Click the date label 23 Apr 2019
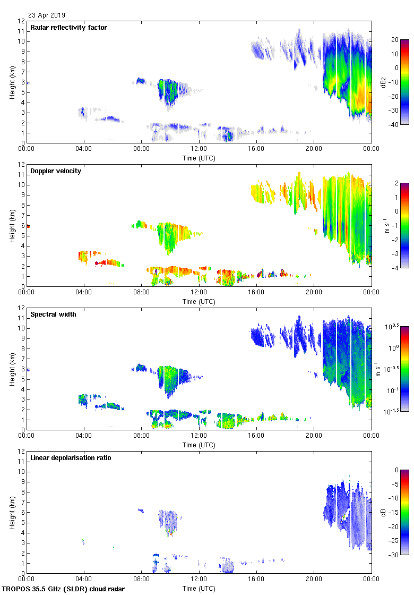coord(47,15)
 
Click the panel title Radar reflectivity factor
coord(68,28)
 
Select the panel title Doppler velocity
coord(56,171)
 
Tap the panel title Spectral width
coord(54,314)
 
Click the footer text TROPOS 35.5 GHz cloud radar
coord(63,589)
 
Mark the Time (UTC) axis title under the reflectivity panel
coord(199,158)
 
